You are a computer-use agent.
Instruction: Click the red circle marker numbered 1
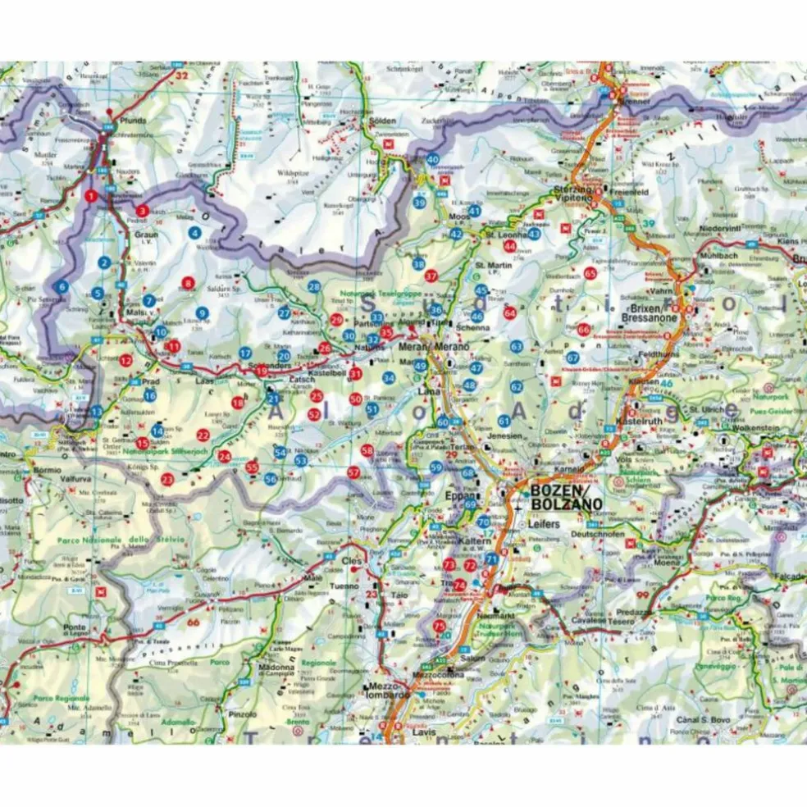(x=91, y=195)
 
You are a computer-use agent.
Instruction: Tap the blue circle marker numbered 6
(x=62, y=287)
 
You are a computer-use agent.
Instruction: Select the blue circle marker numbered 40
(x=433, y=159)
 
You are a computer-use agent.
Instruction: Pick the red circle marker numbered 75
(x=440, y=626)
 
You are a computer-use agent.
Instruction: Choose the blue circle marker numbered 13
(x=97, y=411)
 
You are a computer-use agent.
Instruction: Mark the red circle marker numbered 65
(x=590, y=272)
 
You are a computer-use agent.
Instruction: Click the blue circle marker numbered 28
(x=314, y=286)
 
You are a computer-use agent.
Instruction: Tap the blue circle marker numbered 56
(x=270, y=479)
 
